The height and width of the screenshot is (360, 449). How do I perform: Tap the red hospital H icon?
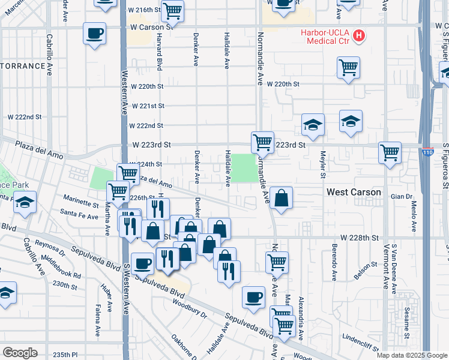(359, 35)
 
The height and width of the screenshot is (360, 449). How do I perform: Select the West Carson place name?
(354, 192)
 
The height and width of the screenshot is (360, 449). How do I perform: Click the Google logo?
(20, 352)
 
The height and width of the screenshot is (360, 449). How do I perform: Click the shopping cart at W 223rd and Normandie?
(262, 142)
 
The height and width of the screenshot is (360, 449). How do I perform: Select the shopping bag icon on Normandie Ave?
(280, 198)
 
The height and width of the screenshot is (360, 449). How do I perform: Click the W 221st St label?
(148, 106)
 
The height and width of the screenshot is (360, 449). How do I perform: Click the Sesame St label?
(406, 324)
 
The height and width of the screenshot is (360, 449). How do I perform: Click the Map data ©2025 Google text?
(411, 355)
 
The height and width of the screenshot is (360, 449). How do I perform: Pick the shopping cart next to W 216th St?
(173, 10)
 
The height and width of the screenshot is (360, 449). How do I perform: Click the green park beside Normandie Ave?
(243, 168)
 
